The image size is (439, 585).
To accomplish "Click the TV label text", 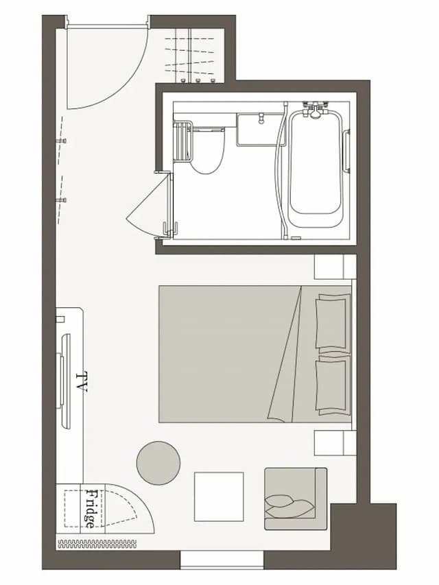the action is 82,382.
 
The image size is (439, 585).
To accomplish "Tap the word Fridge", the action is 90,508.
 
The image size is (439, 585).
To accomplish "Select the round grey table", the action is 158,463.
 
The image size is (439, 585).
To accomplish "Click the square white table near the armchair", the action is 219,497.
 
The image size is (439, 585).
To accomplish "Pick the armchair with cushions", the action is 296,499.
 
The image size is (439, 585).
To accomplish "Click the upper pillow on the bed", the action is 333,322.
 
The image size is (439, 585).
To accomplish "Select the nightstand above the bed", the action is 335,267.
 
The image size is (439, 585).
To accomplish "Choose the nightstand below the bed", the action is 335,443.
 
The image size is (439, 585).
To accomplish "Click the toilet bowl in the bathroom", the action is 208,151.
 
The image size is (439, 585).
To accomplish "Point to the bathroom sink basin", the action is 261,130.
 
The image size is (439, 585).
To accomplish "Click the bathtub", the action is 316,169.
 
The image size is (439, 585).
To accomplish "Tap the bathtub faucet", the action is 316,110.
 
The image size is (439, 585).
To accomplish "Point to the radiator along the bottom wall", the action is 97,544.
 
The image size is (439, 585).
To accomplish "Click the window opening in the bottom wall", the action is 222,560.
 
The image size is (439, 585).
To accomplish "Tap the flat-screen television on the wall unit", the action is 64,381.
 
